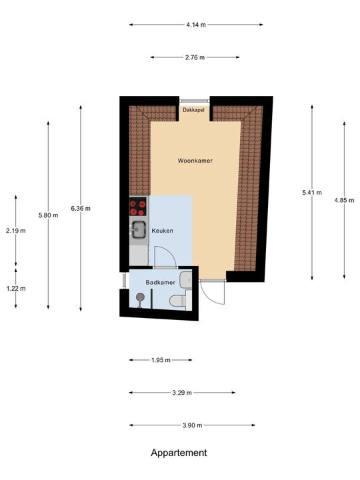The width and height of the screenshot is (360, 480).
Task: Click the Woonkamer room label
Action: [x=195, y=161]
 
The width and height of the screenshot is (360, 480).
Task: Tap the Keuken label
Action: [x=163, y=231]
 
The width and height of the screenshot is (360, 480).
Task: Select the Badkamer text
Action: [x=161, y=282]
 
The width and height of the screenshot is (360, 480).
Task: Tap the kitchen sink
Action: [x=138, y=230]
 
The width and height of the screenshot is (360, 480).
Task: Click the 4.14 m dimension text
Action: [x=196, y=25]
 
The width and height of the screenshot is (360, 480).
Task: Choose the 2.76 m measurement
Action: [x=195, y=57]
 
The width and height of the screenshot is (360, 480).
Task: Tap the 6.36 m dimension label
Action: [x=81, y=208]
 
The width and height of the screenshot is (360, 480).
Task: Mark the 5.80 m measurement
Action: [x=48, y=215]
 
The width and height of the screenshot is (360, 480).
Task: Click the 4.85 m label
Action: [x=344, y=200]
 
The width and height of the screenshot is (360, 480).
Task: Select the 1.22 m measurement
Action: [x=15, y=288]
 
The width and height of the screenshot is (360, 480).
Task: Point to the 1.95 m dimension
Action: [x=161, y=360]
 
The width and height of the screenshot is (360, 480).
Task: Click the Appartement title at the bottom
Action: [x=179, y=453]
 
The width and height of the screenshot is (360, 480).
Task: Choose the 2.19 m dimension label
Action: [x=15, y=231]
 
